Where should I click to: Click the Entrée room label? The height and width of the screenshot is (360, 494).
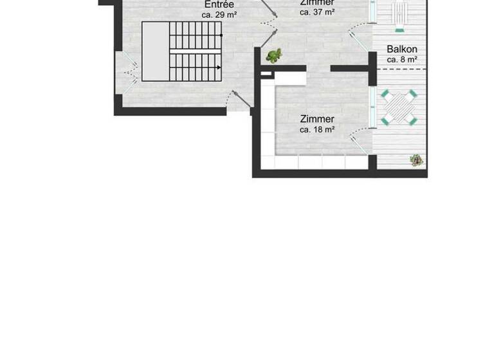click(x=219, y=4)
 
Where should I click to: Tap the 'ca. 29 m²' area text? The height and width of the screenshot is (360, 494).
click(x=219, y=14)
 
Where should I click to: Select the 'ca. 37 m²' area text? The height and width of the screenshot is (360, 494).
click(x=317, y=12)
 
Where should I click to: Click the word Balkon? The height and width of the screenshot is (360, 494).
click(x=402, y=50)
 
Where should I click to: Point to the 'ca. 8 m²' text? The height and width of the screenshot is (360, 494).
click(x=402, y=60)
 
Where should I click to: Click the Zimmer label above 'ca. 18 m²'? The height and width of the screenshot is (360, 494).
click(x=317, y=119)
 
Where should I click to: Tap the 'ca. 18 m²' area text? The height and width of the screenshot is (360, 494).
click(x=317, y=130)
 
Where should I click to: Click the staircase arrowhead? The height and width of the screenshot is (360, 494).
click(x=219, y=67)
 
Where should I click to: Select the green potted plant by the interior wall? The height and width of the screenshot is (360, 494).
click(x=275, y=56)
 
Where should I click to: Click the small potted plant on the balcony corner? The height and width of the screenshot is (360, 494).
click(x=417, y=160)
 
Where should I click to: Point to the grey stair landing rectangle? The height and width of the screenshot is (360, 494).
click(x=155, y=51)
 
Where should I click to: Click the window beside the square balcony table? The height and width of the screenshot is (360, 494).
click(x=372, y=107)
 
